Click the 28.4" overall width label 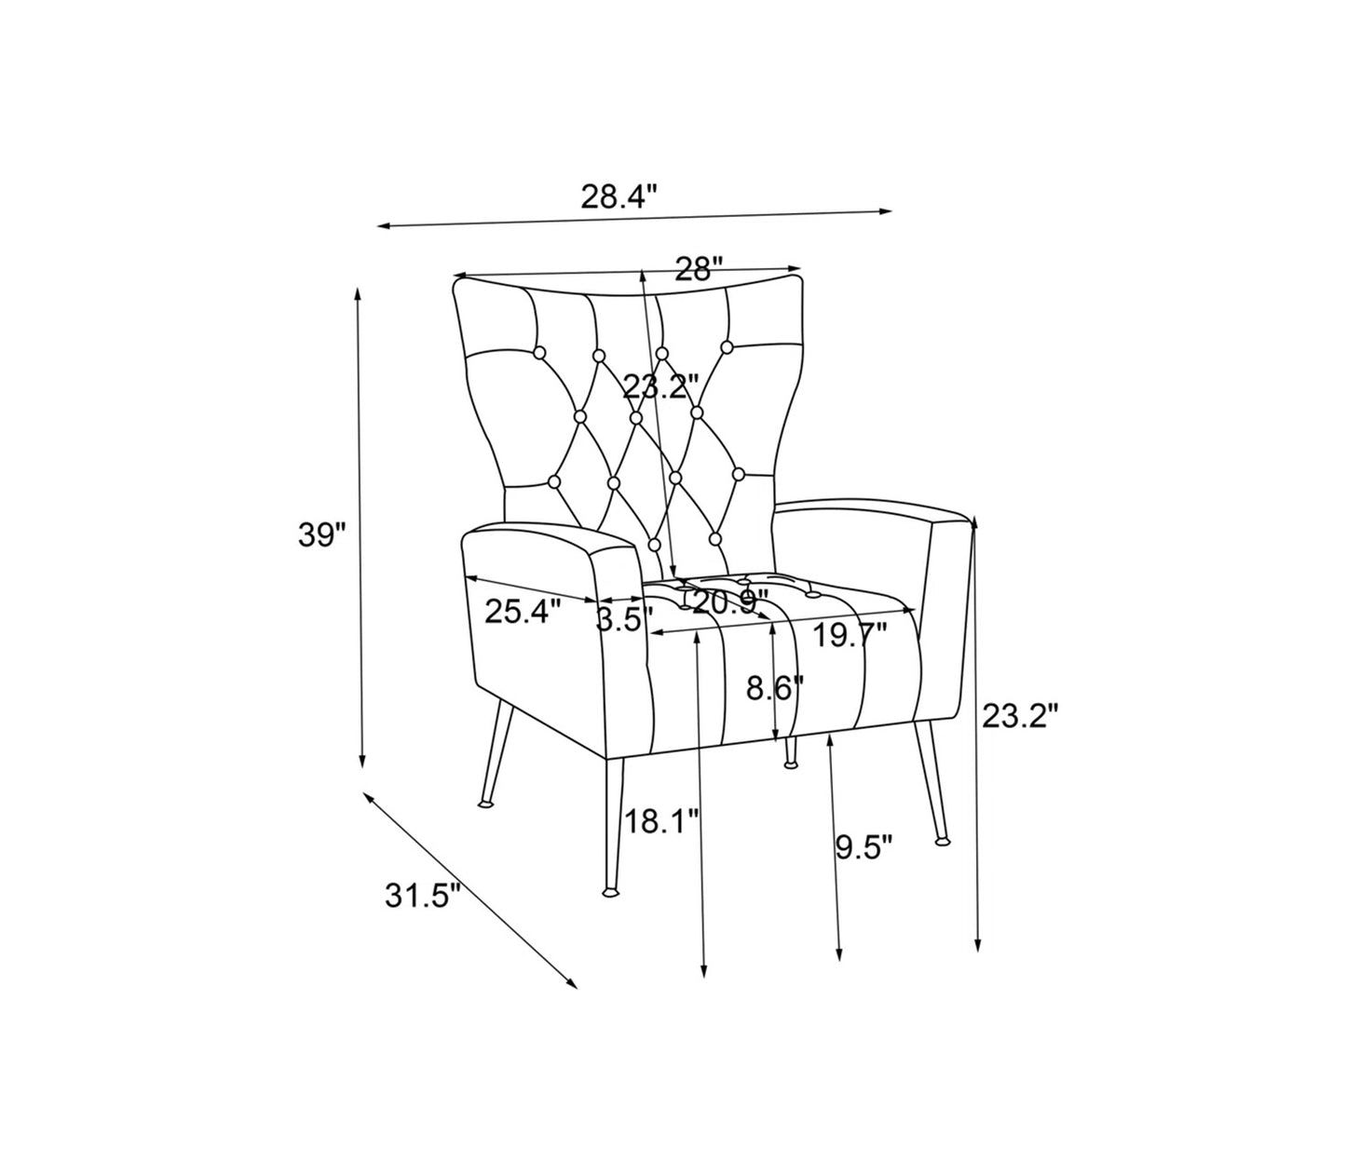point(619,196)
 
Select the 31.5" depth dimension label point(423,896)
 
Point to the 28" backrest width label point(700,268)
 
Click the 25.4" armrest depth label point(523,612)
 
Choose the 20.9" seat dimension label point(730,602)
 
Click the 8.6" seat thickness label point(775,688)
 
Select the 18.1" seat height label point(662,821)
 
